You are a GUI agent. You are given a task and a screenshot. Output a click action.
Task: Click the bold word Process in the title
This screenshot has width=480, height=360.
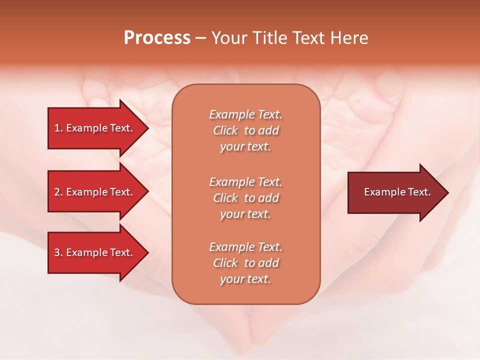pos(157,38)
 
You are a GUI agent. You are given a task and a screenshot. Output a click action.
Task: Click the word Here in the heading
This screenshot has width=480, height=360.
pos(349,38)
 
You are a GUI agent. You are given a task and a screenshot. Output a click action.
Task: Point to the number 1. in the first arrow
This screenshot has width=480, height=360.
pos(58,128)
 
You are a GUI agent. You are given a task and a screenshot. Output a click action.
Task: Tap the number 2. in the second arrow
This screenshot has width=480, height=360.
pos(58,192)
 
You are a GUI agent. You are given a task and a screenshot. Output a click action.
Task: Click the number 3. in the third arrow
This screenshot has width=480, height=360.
pos(58,252)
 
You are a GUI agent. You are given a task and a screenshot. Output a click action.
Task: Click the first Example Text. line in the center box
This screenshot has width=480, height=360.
pos(245,114)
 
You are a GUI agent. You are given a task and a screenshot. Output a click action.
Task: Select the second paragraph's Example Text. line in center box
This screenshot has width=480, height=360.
pos(245,182)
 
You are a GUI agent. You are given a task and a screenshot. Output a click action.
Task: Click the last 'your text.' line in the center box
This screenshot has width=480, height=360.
pos(245,279)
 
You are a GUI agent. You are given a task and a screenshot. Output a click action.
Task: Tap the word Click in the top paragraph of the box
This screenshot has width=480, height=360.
pos(225,130)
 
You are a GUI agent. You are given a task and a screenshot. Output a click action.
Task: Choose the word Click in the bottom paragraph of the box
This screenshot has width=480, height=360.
pos(225,263)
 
